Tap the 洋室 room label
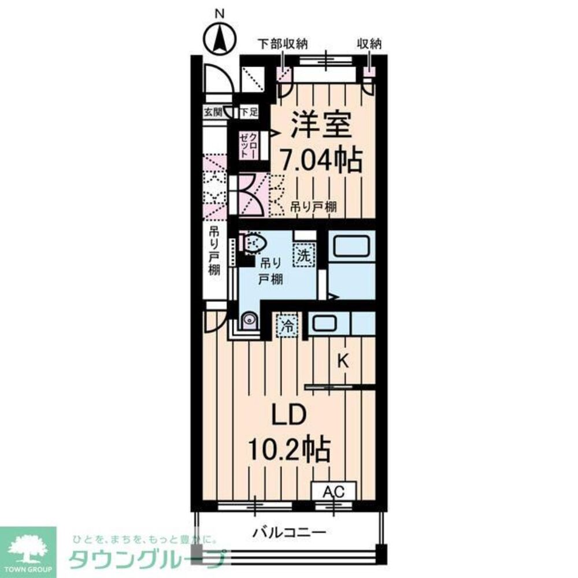point(314,127)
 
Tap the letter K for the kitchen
point(343,361)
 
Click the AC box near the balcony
point(334,492)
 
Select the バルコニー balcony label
point(290,532)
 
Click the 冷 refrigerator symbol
point(286,326)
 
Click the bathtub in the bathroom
point(351,247)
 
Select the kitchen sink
point(327,323)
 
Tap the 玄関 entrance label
point(212,112)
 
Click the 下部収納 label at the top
point(283,44)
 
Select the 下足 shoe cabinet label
point(248,112)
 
